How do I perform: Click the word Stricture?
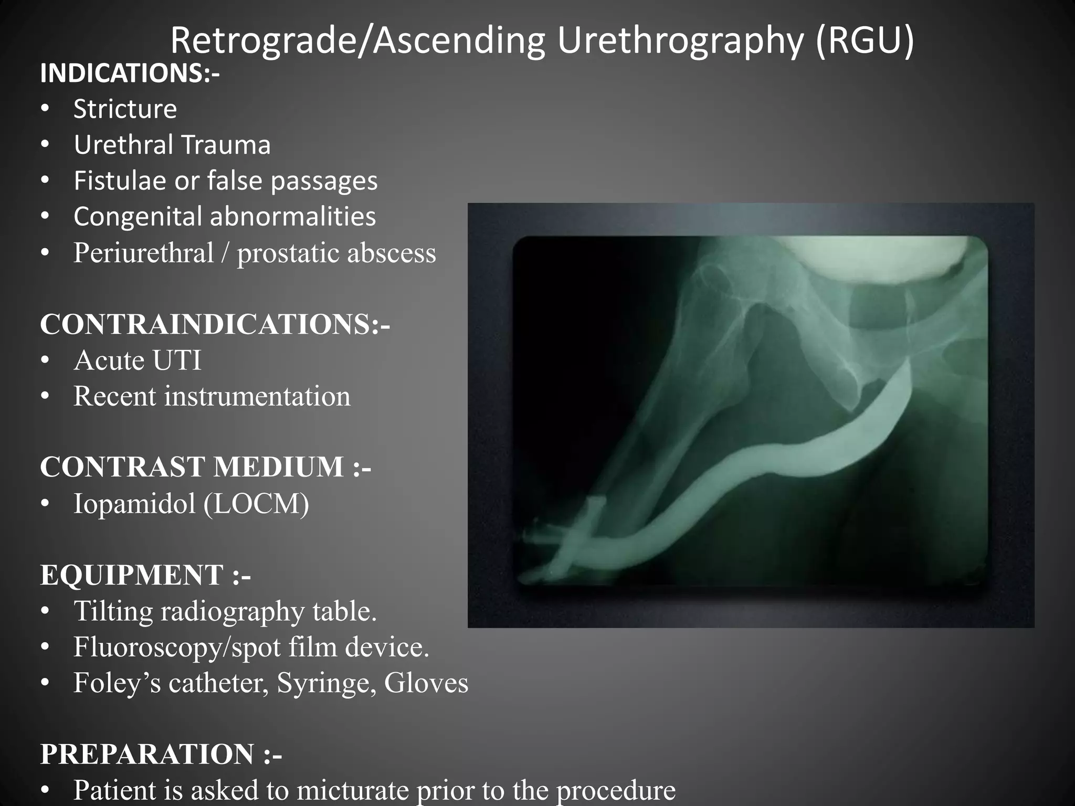(125, 109)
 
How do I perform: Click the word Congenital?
(138, 217)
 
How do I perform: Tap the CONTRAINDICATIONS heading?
(215, 324)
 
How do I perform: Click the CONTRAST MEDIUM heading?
(205, 467)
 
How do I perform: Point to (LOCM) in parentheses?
(256, 503)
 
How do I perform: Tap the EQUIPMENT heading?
(145, 575)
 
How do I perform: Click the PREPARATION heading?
(161, 755)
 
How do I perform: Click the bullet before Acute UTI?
(45, 360)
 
